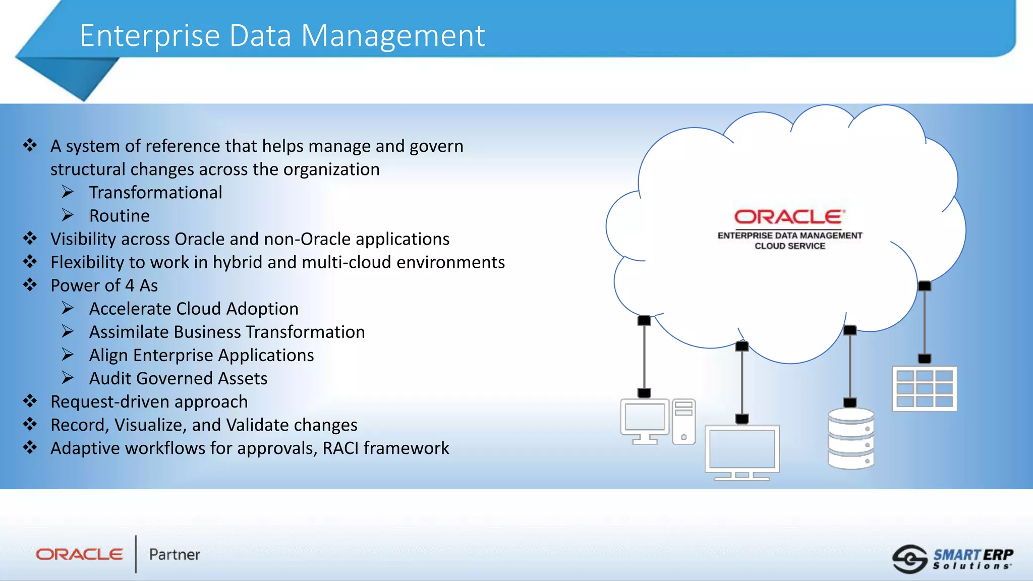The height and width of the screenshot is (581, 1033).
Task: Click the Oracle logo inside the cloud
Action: point(789,217)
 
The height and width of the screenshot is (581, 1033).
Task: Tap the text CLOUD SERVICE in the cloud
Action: point(790,246)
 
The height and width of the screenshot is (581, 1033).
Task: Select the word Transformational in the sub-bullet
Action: point(155,193)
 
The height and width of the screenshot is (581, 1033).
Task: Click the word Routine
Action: point(120,216)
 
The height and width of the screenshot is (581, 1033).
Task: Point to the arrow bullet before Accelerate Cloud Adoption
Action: point(68,308)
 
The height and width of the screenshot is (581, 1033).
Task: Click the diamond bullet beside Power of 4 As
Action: point(30,285)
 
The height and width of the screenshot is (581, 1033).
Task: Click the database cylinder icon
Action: point(851,439)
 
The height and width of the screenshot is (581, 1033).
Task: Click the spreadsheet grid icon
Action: point(924,389)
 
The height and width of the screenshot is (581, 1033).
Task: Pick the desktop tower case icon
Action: point(683,422)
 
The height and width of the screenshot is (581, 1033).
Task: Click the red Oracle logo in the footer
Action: point(79,555)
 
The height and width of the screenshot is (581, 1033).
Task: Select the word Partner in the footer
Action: point(175,555)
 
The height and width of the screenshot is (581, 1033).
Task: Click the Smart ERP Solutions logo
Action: point(953,559)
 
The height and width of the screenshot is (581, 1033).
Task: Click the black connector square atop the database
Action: point(850,402)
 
